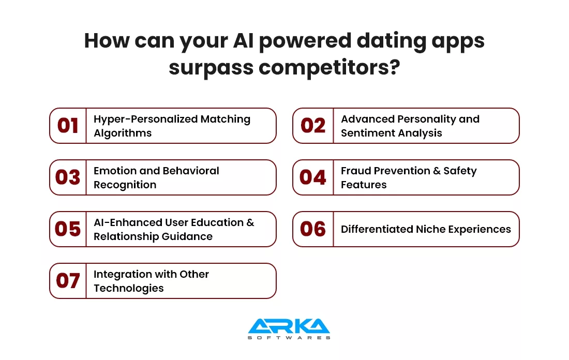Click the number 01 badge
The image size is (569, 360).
point(68,126)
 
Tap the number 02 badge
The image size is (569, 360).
point(312,126)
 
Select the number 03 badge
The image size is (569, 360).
point(68,177)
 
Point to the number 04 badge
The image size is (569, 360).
point(312,177)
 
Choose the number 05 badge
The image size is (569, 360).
point(68,229)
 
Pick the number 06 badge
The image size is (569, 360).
point(312,229)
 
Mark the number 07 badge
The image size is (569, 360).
point(68,281)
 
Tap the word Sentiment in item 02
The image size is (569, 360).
point(365,133)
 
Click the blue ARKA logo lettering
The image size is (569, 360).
point(289,326)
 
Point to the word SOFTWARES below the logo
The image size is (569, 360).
point(289,338)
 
